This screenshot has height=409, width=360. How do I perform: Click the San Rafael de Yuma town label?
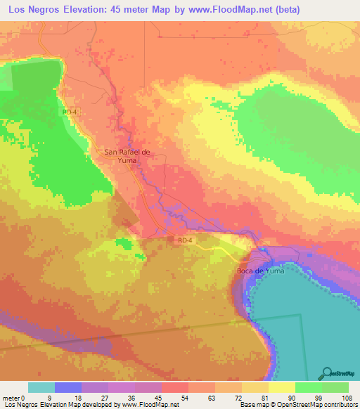(127, 155)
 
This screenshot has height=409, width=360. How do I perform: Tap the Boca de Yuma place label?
(259, 271)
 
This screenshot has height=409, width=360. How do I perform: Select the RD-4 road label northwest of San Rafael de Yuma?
(68, 112)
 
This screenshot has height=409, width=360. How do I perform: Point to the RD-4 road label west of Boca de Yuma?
(184, 240)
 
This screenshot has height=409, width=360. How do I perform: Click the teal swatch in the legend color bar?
(41, 388)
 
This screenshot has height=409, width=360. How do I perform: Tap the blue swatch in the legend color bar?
(67, 388)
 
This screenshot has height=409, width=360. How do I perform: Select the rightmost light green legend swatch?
(335, 388)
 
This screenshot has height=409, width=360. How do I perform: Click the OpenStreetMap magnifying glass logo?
(326, 372)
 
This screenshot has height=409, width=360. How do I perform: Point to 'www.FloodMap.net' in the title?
(227, 9)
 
